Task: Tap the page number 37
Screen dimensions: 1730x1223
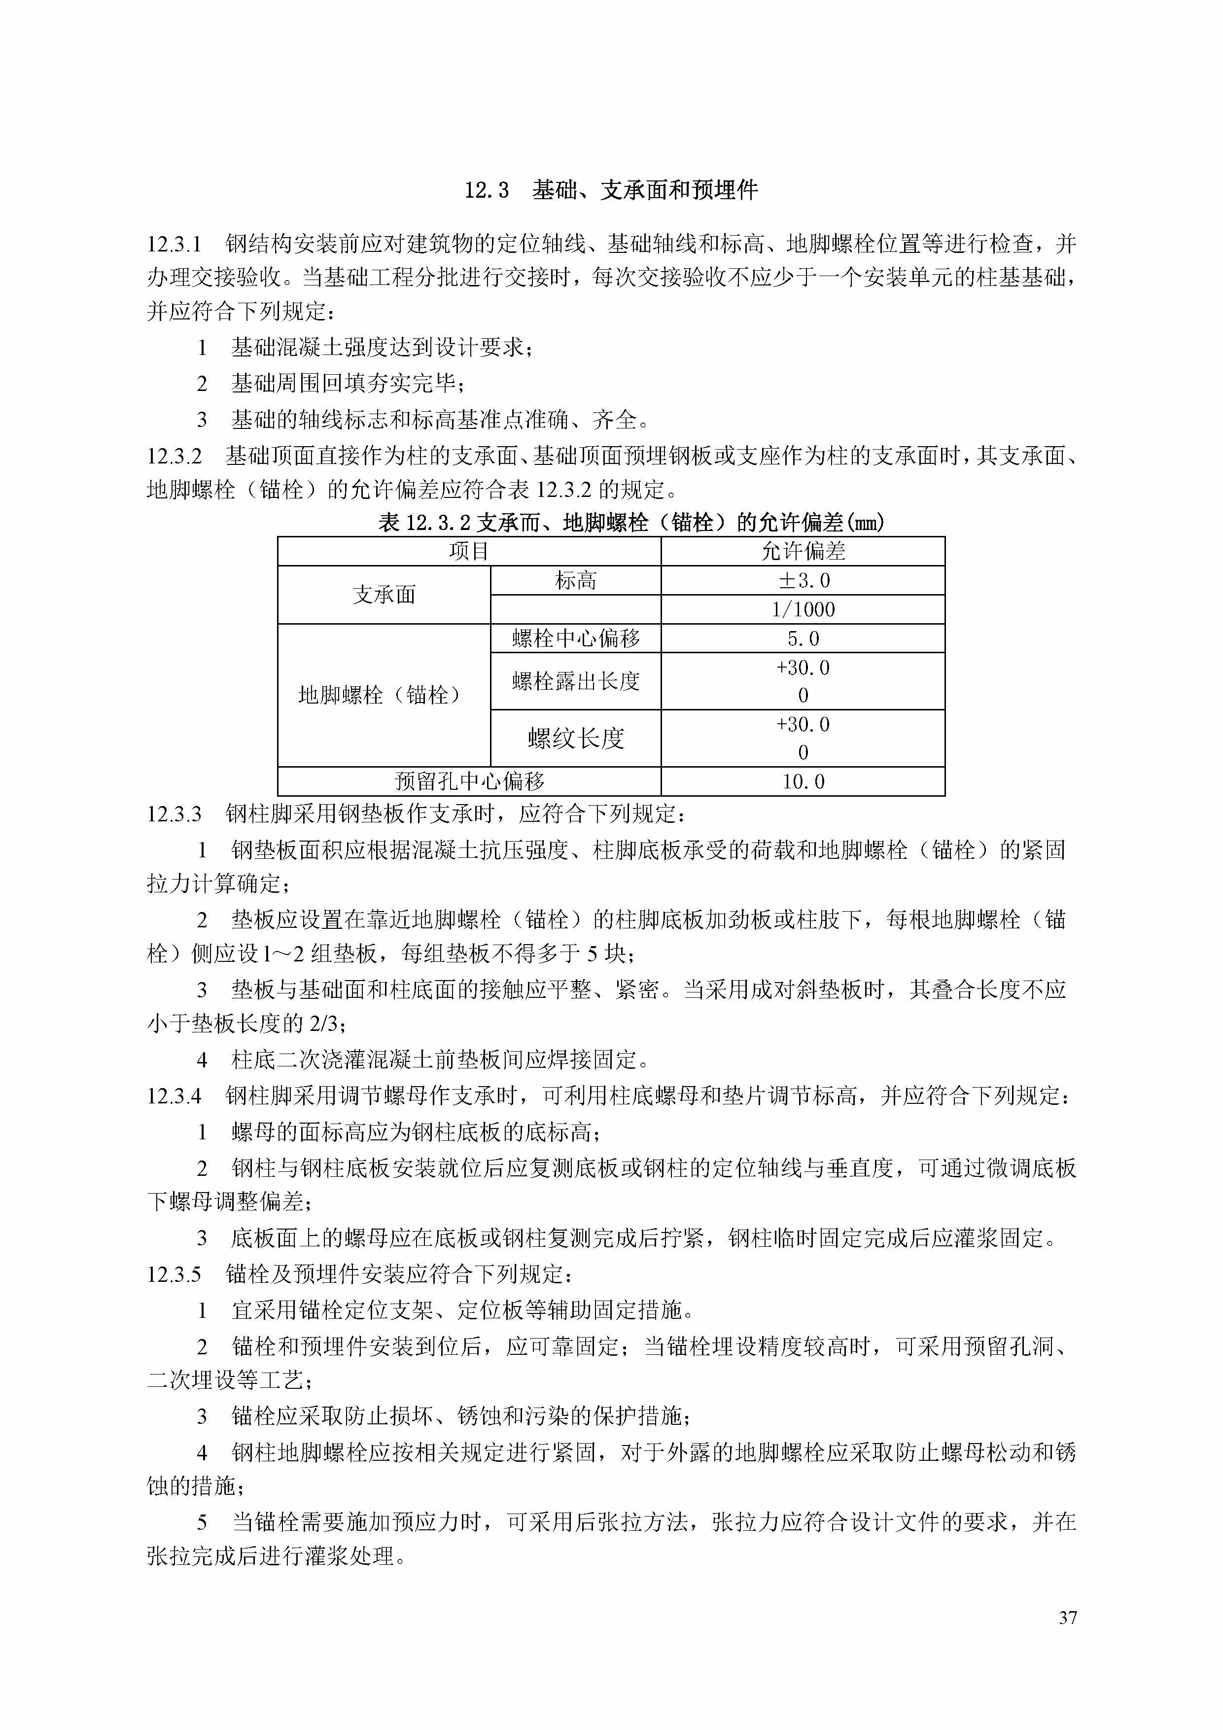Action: (1067, 1618)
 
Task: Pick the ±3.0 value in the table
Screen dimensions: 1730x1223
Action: (803, 580)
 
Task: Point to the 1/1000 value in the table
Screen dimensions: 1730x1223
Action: (803, 609)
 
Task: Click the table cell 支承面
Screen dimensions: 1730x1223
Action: (384, 595)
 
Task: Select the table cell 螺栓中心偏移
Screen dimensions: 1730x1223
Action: (576, 638)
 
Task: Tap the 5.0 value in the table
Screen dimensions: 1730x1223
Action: (803, 638)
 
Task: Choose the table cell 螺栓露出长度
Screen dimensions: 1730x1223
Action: (576, 681)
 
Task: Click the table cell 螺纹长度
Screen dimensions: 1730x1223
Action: (576, 739)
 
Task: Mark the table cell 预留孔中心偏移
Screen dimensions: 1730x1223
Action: (469, 781)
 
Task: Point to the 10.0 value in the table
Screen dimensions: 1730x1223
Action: (803, 781)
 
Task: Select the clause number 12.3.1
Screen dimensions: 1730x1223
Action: (174, 244)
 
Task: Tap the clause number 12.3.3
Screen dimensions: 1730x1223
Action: (174, 814)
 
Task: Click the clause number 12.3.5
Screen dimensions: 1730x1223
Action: (174, 1274)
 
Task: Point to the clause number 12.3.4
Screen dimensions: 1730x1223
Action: (174, 1096)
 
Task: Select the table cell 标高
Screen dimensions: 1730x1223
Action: (576, 580)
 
